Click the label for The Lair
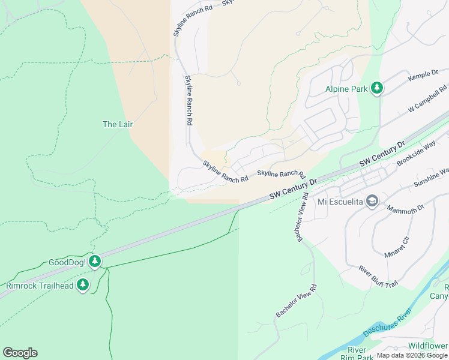tap(118, 124)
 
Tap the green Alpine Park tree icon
tap(377, 89)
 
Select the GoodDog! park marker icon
tap(95, 261)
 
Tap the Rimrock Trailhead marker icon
tap(83, 285)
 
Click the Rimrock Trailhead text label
tap(40, 286)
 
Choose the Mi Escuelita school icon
tap(372, 201)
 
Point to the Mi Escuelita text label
tap(340, 201)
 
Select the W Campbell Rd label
tap(428, 98)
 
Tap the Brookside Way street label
tap(415, 154)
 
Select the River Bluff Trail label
tap(378, 276)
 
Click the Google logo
tap(20, 353)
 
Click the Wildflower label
tap(427, 346)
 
